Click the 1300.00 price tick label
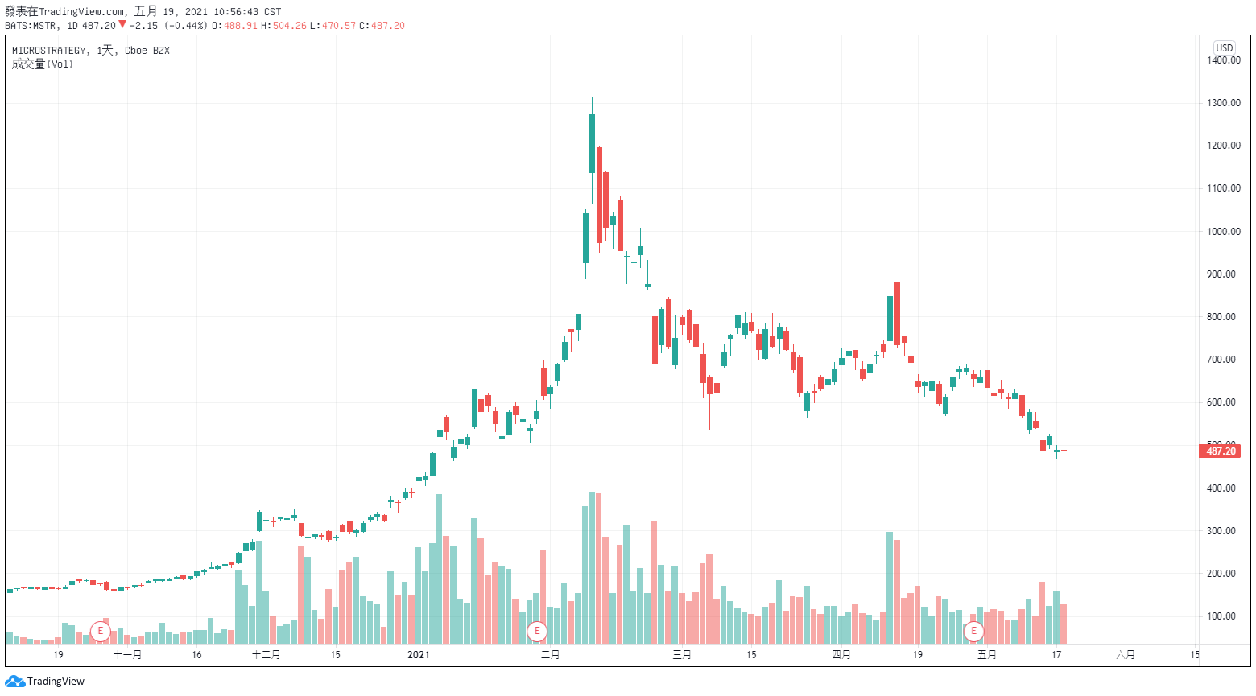point(1223,103)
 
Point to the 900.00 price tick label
point(1223,274)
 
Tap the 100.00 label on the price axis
point(1223,616)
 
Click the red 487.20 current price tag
point(1221,451)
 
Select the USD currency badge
point(1224,48)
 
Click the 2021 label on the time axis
point(419,655)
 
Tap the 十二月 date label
point(266,655)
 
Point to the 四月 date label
point(841,655)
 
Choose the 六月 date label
point(1126,655)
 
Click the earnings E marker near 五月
point(974,631)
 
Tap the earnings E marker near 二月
point(537,631)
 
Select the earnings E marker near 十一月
point(101,631)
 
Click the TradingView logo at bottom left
point(45,682)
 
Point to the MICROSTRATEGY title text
point(49,51)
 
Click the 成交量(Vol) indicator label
point(42,64)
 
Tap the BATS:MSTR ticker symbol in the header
point(32,26)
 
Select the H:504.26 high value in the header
point(283,26)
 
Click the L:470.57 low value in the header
point(333,26)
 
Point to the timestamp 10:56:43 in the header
point(236,12)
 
